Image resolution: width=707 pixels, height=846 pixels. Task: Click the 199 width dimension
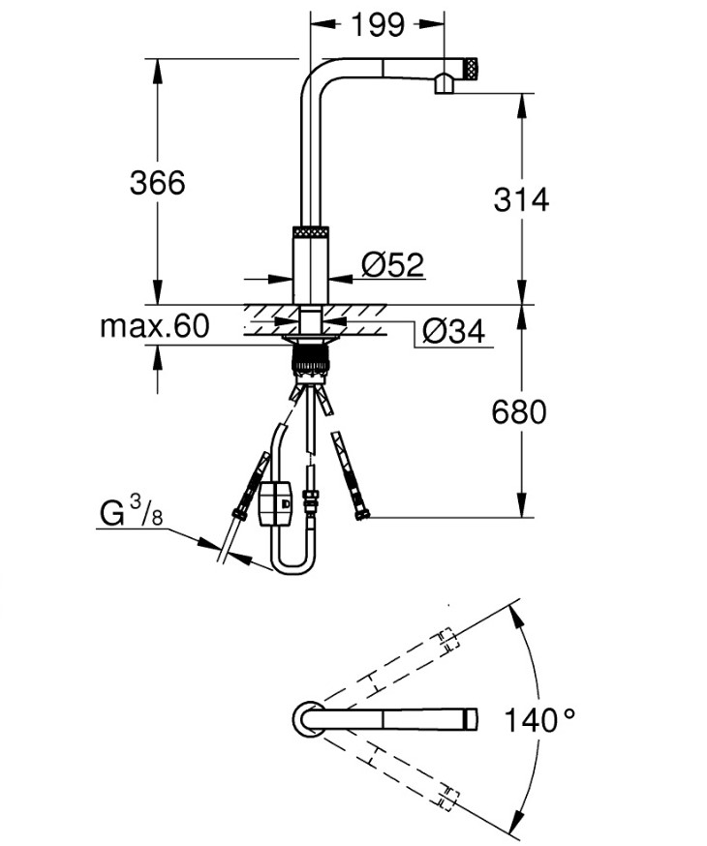point(378,25)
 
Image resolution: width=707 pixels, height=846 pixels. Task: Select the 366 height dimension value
point(157,181)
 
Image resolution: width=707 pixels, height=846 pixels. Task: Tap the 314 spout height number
point(521,199)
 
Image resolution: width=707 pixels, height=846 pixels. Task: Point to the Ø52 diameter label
point(392,264)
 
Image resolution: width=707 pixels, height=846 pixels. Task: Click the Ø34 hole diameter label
point(452,332)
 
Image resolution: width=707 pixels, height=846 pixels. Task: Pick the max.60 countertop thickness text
point(154,326)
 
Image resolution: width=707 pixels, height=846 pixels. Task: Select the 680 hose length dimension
point(519,412)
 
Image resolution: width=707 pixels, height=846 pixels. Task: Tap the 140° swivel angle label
point(539,719)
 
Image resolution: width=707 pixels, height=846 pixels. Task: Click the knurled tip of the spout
point(470,67)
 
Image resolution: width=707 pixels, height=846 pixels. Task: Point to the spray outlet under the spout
point(443,85)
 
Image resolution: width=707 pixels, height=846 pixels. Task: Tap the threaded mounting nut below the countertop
point(313,362)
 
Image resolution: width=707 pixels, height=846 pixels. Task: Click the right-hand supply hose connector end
point(361,515)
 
